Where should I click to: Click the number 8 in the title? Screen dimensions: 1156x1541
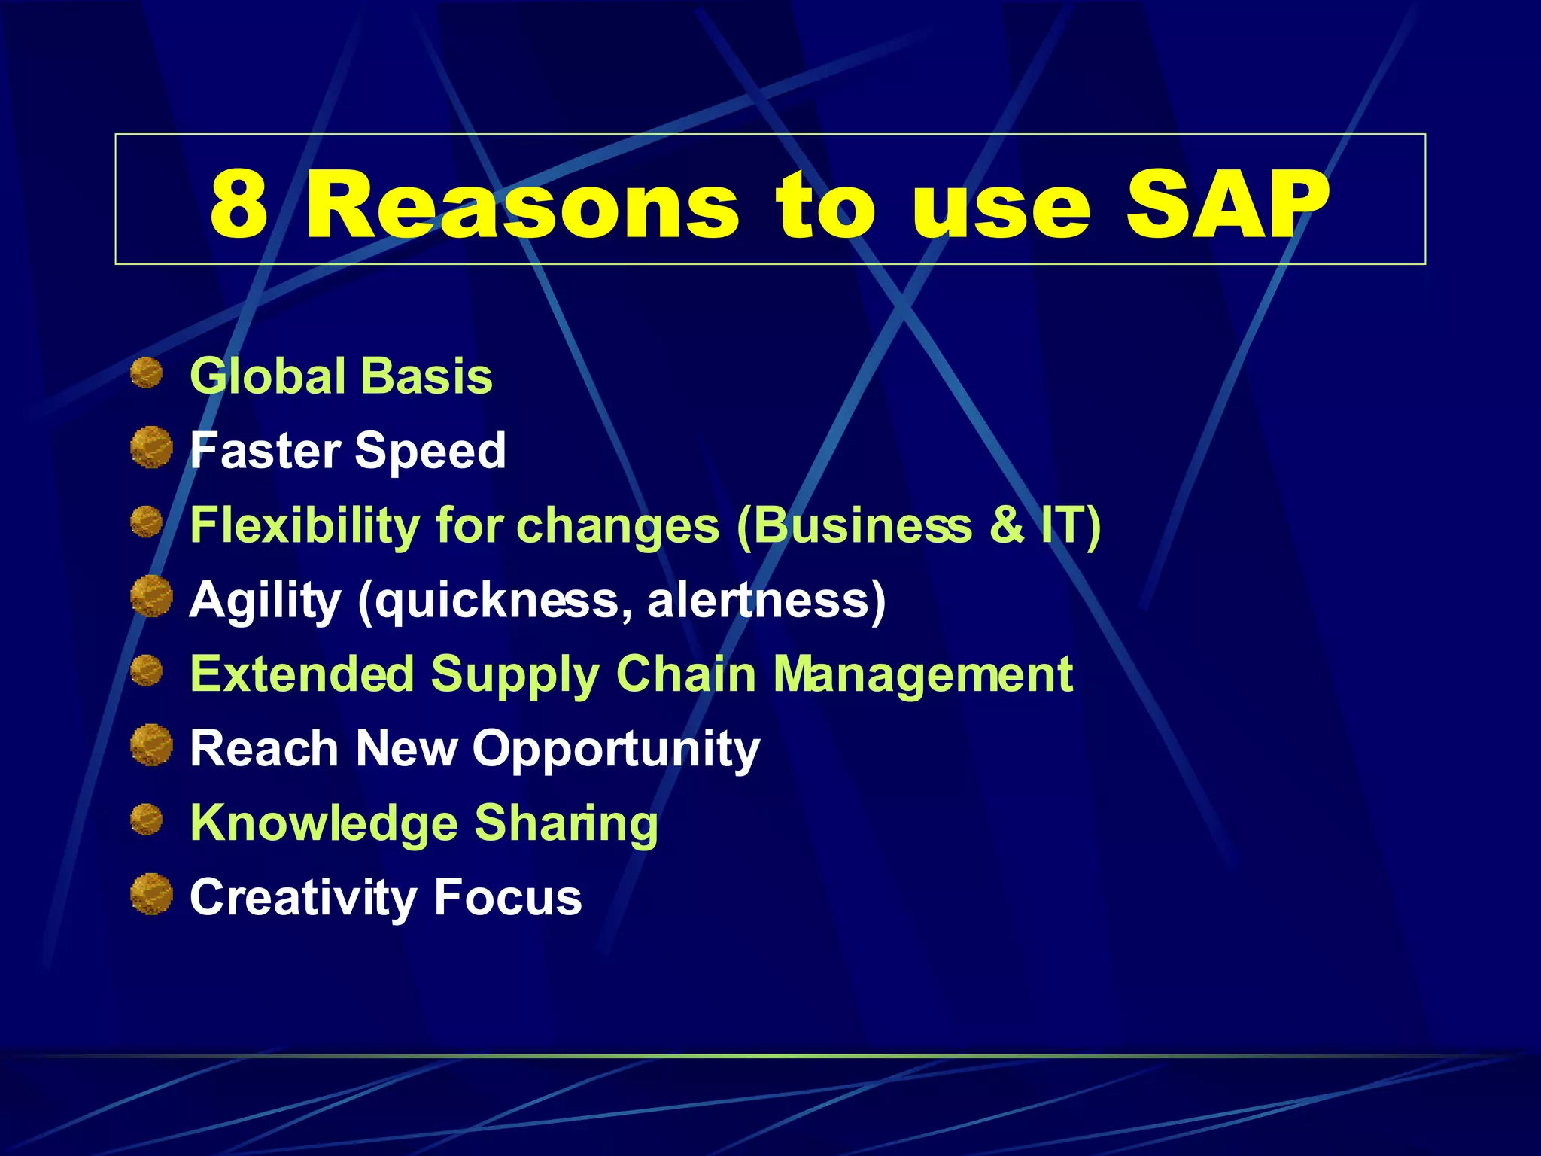pyautogui.click(x=239, y=204)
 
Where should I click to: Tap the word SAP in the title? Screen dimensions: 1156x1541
pyautogui.click(x=1226, y=204)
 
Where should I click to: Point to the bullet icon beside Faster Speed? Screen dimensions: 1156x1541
pyautogui.click(x=151, y=447)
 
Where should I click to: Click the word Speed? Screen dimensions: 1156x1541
pyautogui.click(x=430, y=451)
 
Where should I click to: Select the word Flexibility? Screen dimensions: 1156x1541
pyautogui.click(x=304, y=525)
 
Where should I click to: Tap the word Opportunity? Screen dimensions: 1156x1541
pyautogui.click(x=615, y=750)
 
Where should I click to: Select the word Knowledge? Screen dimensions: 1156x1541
pyautogui.click(x=324, y=823)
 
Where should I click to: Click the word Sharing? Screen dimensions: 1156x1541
pyautogui.click(x=566, y=823)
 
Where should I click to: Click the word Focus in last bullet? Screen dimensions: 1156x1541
pyautogui.click(x=507, y=897)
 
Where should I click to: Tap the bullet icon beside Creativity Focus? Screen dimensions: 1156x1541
pyautogui.click(x=151, y=894)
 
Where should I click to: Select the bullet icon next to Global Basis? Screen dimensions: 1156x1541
pyautogui.click(x=147, y=373)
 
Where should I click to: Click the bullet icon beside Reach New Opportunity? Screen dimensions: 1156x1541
pyautogui.click(x=151, y=745)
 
